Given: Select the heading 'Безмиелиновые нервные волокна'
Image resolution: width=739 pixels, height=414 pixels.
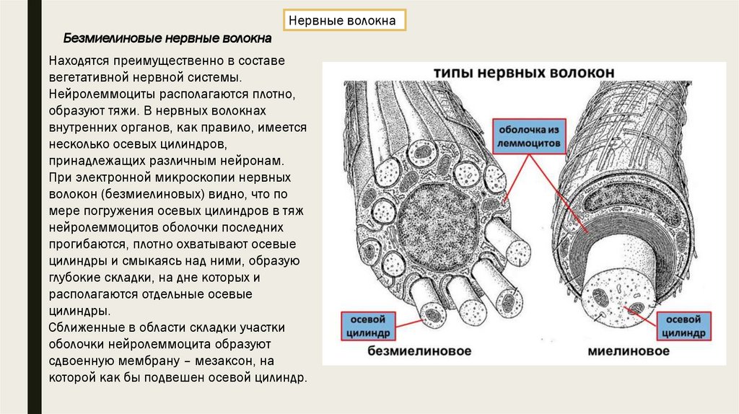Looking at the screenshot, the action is (x=167, y=38).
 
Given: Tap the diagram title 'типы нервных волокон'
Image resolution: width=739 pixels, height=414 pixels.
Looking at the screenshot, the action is (x=524, y=74).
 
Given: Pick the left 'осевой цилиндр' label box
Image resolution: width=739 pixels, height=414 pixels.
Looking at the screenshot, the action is (x=367, y=326).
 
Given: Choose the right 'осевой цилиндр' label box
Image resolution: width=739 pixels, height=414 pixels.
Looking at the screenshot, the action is (x=685, y=326).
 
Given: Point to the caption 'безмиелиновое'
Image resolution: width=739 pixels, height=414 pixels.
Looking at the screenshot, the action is (x=419, y=351).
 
